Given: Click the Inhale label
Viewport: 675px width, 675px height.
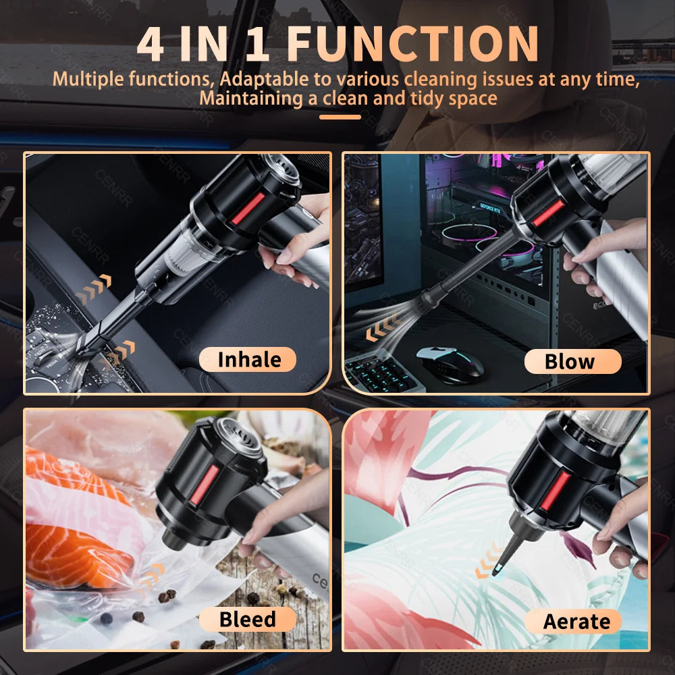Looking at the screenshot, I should [x=248, y=360].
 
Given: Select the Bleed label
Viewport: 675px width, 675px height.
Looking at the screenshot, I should [x=248, y=619].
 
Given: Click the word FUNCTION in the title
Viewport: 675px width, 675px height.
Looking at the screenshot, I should [x=412, y=44].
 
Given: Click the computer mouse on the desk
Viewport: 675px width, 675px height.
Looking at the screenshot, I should [x=450, y=362].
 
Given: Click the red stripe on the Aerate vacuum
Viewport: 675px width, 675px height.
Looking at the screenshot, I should [x=556, y=490].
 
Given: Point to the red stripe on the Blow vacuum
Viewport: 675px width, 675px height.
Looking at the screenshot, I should [x=547, y=213].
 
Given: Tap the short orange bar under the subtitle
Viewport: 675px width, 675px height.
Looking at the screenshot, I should [x=340, y=117].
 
